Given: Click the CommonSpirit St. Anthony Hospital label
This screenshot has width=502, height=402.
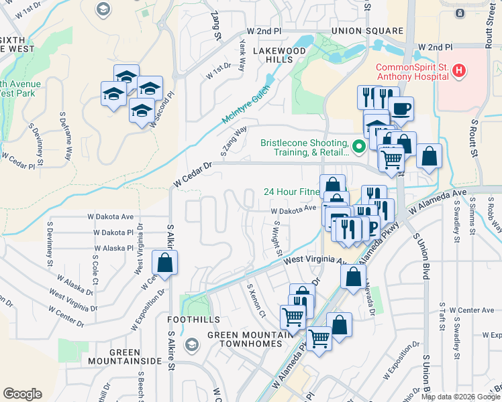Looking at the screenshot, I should [x=411, y=71].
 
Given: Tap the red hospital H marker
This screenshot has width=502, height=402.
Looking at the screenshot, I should [x=459, y=70].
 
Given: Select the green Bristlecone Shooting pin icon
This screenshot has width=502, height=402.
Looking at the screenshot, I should [x=358, y=144].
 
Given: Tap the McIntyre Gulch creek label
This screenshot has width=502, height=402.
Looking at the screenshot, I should [x=246, y=104].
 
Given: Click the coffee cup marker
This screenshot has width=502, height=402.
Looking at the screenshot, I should [x=401, y=109].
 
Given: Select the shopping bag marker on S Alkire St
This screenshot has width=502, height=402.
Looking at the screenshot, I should [x=164, y=263].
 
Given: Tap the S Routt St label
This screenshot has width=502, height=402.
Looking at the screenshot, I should [x=474, y=139].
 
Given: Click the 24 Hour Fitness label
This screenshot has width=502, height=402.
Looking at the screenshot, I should [x=290, y=191].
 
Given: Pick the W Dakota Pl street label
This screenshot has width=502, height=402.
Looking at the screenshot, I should [x=113, y=232].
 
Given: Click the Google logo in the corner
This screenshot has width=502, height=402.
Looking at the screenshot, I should [x=22, y=393].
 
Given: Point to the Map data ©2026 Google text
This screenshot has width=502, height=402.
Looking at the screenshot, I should [x=460, y=397].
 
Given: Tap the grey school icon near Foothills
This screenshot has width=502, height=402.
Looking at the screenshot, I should [x=192, y=344].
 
